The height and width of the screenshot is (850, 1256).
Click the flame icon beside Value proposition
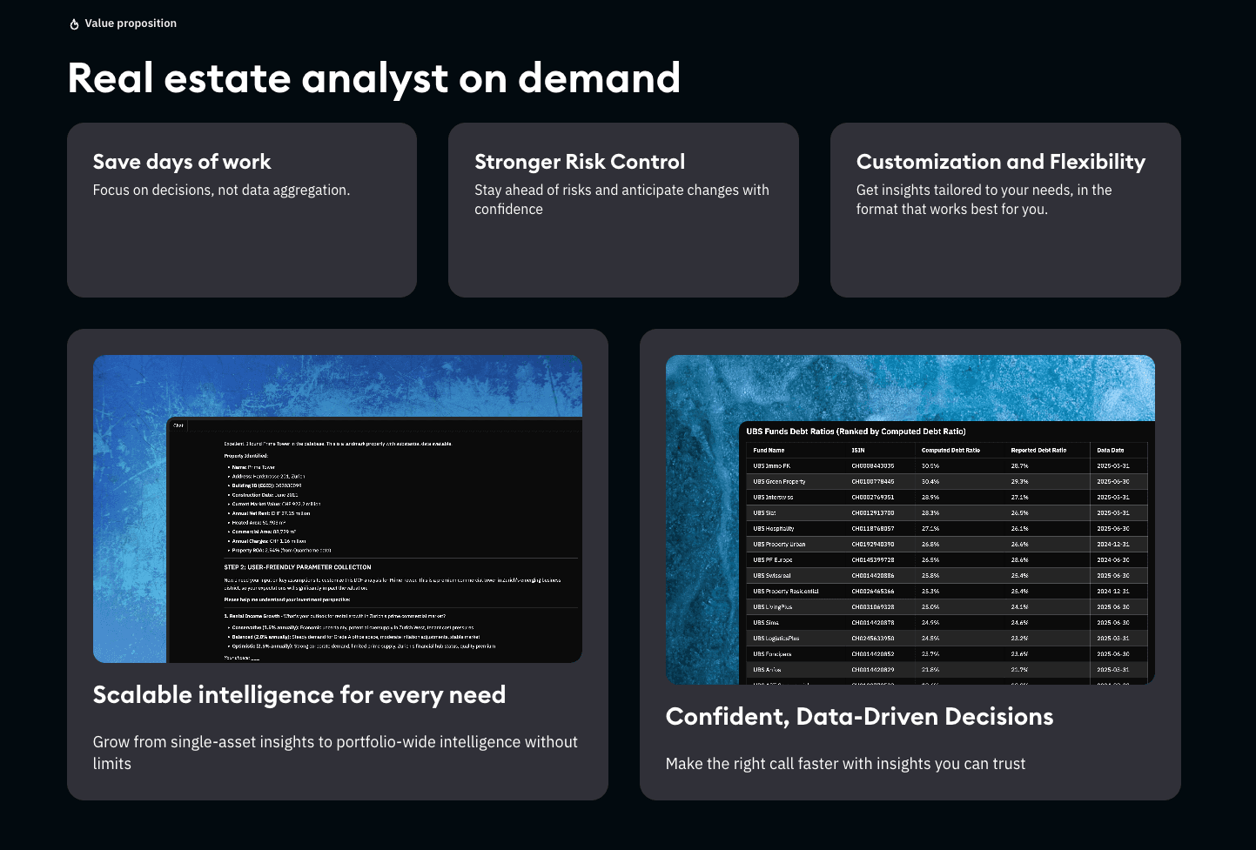pyautogui.click(x=74, y=24)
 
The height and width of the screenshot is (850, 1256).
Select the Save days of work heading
pyautogui.click(x=182, y=162)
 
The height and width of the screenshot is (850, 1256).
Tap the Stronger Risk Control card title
pyautogui.click(x=580, y=162)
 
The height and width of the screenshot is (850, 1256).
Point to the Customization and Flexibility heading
pyautogui.click(x=1000, y=162)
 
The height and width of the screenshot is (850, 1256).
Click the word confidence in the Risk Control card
pyautogui.click(x=508, y=210)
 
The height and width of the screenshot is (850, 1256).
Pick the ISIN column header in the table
pyautogui.click(x=857, y=450)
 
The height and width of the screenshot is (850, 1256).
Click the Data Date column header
pyautogui.click(x=1110, y=450)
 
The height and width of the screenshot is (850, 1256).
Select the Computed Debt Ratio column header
pyautogui.click(x=950, y=450)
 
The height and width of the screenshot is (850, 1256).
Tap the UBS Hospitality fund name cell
pyautogui.click(x=774, y=528)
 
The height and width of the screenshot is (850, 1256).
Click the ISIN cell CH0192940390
pyautogui.click(x=872, y=544)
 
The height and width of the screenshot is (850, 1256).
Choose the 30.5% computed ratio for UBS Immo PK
pyautogui.click(x=930, y=465)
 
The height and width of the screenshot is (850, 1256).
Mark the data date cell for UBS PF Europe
pyautogui.click(x=1112, y=559)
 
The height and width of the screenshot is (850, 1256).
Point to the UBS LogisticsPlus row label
pyautogui.click(x=776, y=638)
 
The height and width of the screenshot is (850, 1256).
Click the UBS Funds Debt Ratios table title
pyautogui.click(x=856, y=431)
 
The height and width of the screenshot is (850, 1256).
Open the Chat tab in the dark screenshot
pyautogui.click(x=178, y=425)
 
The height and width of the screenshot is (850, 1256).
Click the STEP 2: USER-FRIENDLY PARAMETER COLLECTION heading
pyautogui.click(x=298, y=566)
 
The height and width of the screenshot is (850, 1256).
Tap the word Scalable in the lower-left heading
pyautogui.click(x=142, y=695)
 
